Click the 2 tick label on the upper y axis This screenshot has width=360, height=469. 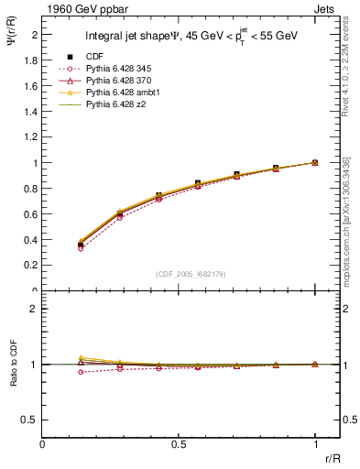(x=34, y=35)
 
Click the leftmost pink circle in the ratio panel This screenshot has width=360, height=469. (x=82, y=372)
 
